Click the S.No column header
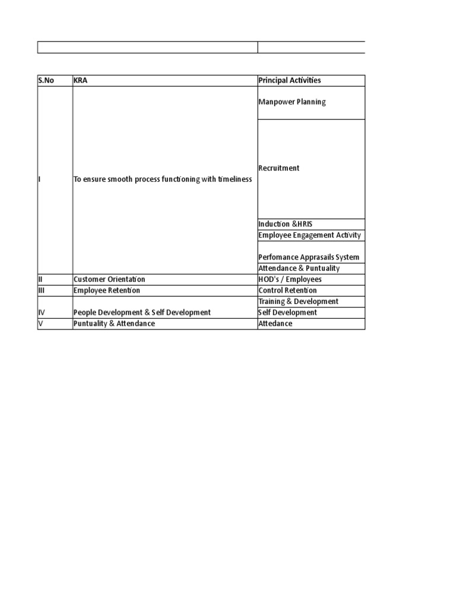[46, 81]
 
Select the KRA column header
[80, 81]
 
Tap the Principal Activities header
[290, 81]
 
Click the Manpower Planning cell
[292, 102]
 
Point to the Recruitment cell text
[279, 168]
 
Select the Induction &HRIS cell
[285, 224]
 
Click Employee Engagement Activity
[309, 236]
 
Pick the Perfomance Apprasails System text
[309, 258]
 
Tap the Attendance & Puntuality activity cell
[299, 268]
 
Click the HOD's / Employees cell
[290, 280]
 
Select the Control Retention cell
[287, 290]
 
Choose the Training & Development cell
[298, 302]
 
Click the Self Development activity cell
[287, 312]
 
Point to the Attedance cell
[275, 324]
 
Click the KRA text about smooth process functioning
[163, 179]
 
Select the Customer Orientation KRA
[109, 280]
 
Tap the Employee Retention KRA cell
[107, 290]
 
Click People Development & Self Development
[142, 312]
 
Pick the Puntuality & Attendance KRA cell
[114, 324]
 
